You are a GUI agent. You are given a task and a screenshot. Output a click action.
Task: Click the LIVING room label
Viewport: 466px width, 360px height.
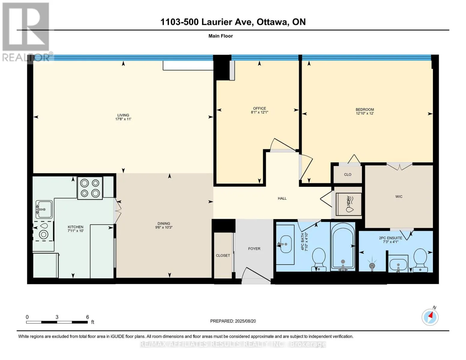[x=123, y=115]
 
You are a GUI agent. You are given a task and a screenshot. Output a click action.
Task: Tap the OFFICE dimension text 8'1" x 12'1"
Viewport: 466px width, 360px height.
[x=260, y=112]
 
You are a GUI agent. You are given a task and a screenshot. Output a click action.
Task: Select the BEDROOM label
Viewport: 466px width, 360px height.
[x=365, y=109]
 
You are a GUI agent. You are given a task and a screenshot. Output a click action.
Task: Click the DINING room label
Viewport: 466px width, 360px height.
[x=164, y=223]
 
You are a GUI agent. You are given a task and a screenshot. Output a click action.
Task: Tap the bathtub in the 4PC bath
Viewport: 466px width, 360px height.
[x=343, y=247]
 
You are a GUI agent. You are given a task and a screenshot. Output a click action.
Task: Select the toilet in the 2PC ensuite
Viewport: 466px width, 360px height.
[x=420, y=260]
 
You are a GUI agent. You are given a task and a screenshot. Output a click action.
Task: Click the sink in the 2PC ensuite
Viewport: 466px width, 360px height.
[x=398, y=264]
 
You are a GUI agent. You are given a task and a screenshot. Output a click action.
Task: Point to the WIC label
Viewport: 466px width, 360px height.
[x=399, y=196]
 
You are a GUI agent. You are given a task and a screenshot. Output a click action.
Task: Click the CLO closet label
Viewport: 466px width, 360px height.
[x=347, y=175]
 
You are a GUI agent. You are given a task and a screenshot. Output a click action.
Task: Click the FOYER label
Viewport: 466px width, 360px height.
[x=254, y=249]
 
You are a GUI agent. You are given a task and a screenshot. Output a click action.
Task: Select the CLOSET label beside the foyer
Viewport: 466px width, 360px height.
[x=223, y=256]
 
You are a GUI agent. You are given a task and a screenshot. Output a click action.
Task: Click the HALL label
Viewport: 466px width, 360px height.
[x=282, y=199]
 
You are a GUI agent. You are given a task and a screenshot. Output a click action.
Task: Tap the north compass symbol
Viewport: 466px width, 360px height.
[x=430, y=317]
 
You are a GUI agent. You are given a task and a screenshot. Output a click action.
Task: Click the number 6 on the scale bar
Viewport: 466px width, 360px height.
[x=88, y=317]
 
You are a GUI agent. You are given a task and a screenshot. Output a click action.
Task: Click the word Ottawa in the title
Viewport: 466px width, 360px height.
[x=272, y=22]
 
